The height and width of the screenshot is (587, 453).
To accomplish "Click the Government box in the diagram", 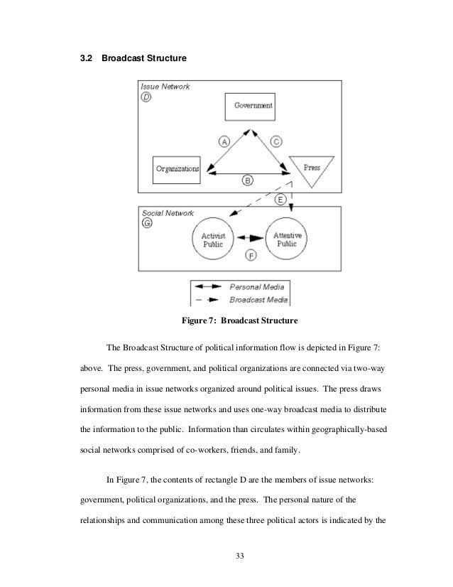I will tap(253, 106).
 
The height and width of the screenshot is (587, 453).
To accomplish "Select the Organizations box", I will tap(176, 168).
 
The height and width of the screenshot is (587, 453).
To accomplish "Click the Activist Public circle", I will tap(212, 239).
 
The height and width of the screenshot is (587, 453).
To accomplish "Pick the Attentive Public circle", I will tap(286, 239).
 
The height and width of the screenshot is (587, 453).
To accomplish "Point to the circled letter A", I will tap(224, 141).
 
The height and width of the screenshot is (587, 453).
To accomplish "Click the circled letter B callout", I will tap(247, 181).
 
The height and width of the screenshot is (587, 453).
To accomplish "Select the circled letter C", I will tap(277, 141).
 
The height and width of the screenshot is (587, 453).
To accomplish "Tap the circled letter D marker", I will tap(146, 97).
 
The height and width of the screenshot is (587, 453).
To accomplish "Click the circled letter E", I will tap(280, 200).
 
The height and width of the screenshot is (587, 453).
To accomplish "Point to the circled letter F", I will tap(250, 255).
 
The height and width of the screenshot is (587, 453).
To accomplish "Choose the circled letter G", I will tap(147, 223).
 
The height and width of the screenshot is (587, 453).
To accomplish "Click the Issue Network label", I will tap(165, 86).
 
